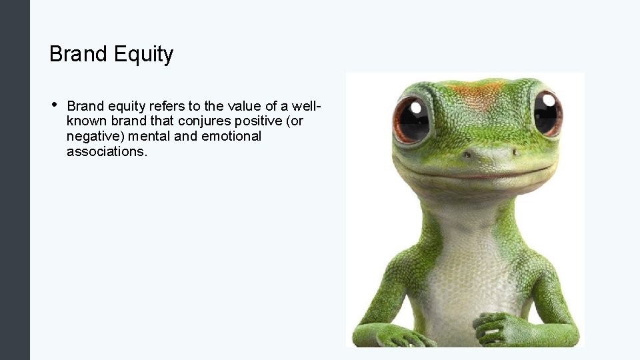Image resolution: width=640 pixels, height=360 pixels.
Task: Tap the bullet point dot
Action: pos(53,104)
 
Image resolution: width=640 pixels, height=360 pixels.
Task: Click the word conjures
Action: pos(200,121)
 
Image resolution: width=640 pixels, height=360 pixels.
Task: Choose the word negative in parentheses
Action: pos(90,137)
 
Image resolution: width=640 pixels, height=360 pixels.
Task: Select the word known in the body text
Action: pos(85,121)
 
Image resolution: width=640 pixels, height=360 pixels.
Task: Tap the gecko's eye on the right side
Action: pos(547,112)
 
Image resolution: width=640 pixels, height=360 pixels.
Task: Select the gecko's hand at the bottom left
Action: pos(393,334)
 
